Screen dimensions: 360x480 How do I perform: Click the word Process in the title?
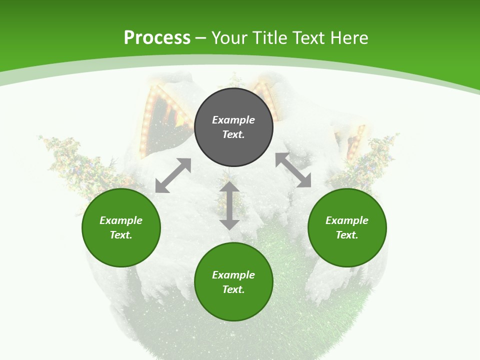coord(157,38)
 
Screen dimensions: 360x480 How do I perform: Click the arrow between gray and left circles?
coord(173,175)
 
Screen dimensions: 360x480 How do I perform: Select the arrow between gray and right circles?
coord(293,170)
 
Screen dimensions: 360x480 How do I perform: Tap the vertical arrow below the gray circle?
coord(229,205)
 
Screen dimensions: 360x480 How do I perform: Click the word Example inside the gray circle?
coord(233,120)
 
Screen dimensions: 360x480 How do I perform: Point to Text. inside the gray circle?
coord(233,134)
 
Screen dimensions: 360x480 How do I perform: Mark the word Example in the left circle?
coord(121,220)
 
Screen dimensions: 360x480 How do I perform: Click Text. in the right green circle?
coord(347,235)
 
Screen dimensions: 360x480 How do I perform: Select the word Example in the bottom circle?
coord(233,275)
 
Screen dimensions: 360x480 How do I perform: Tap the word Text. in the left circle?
coord(121,235)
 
